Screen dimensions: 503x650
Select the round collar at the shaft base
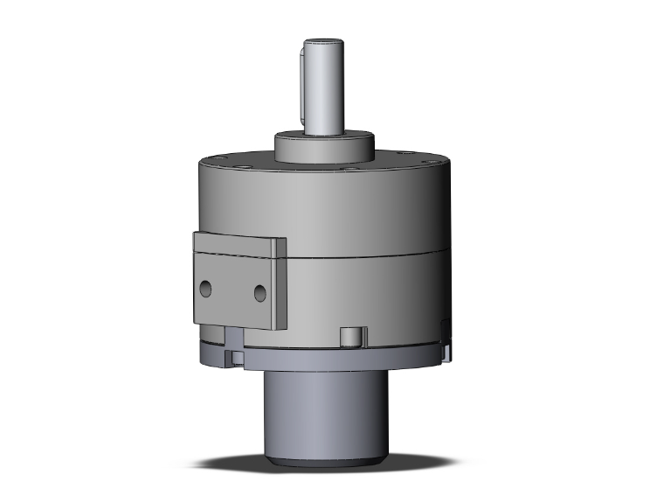(x=326, y=146)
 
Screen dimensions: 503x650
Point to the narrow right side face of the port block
(x=280, y=284)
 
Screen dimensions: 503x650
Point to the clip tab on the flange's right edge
(x=448, y=347)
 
